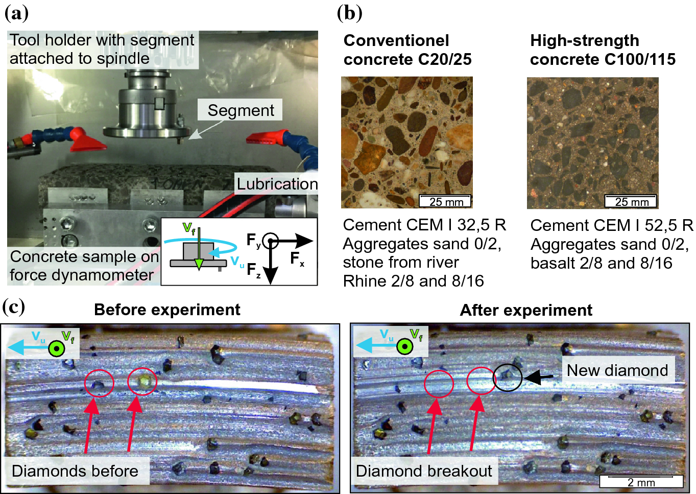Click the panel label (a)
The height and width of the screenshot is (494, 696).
point(17,13)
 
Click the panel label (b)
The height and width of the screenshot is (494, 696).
point(350,13)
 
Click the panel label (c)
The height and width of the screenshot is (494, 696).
point(14,307)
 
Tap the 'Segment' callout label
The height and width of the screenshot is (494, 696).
point(241,110)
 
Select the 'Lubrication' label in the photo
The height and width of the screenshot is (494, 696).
point(277,184)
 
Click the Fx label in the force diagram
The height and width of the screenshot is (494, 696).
point(297,259)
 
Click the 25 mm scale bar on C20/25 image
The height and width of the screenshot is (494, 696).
point(445,201)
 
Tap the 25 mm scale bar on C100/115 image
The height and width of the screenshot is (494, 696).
point(631,201)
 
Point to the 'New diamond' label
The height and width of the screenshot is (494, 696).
point(617,370)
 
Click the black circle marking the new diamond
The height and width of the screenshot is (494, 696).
point(508,377)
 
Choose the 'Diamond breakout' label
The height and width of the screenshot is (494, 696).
point(424,471)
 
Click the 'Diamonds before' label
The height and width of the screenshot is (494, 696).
point(75,471)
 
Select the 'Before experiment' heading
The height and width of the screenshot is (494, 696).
point(167,310)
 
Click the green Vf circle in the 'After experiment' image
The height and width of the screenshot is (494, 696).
point(405,346)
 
